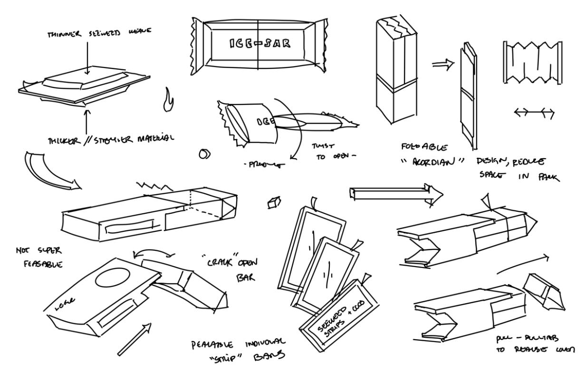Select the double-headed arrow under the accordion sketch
coord(534,113)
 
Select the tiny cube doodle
coord(272,203)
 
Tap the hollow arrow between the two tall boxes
coord(441,67)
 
